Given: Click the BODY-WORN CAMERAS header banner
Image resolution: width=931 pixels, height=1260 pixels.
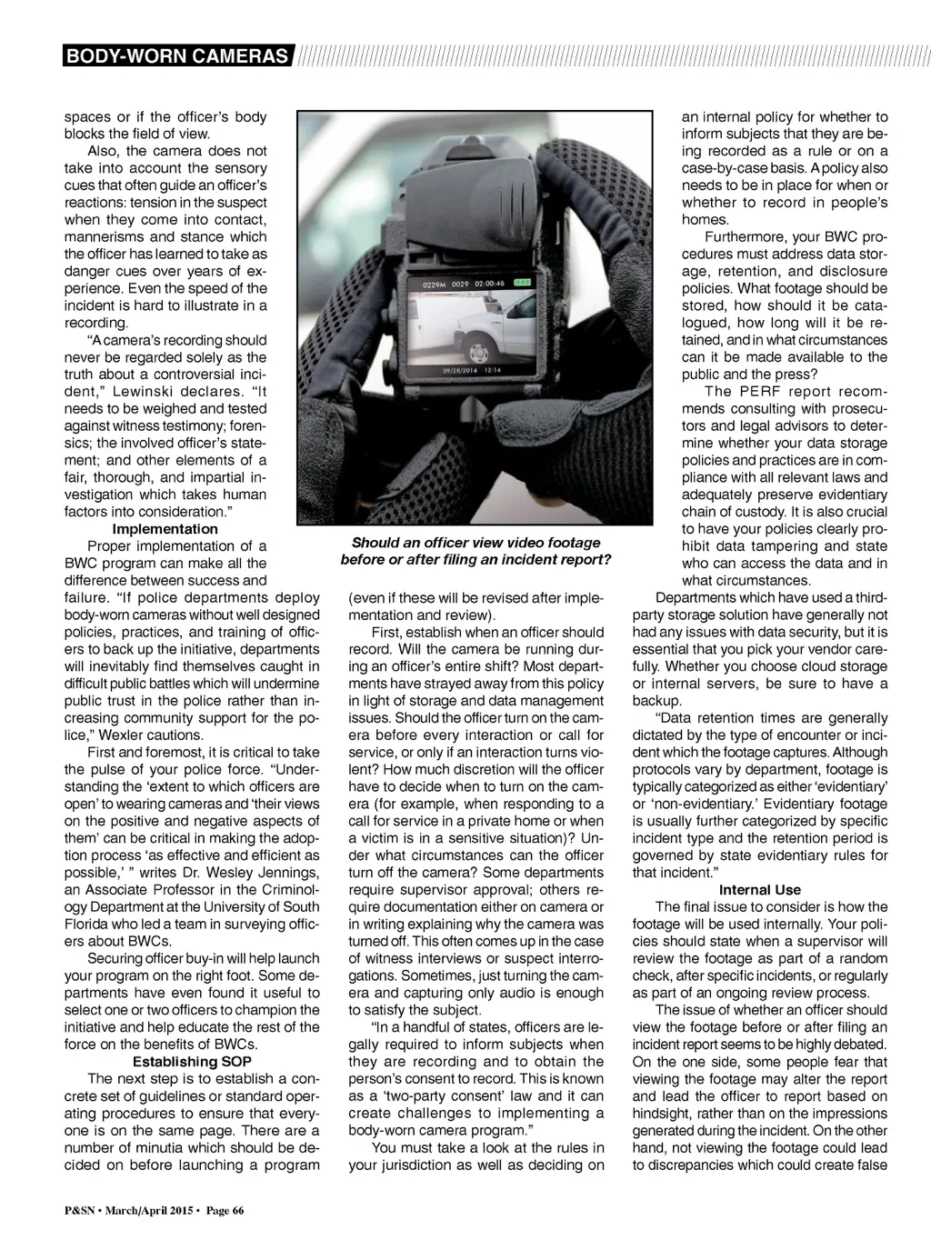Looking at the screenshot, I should pyautogui.click(x=179, y=56).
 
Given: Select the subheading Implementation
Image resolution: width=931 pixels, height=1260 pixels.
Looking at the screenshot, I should pyautogui.click(x=165, y=529).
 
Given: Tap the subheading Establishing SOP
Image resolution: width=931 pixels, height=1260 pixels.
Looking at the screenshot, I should pyautogui.click(x=192, y=1061).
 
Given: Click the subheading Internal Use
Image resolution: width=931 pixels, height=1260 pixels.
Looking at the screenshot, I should pyautogui.click(x=759, y=889).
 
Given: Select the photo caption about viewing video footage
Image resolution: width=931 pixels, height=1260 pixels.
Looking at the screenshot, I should pyautogui.click(x=475, y=551).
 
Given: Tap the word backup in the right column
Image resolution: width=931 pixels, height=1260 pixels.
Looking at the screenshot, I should pyautogui.click(x=656, y=701).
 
